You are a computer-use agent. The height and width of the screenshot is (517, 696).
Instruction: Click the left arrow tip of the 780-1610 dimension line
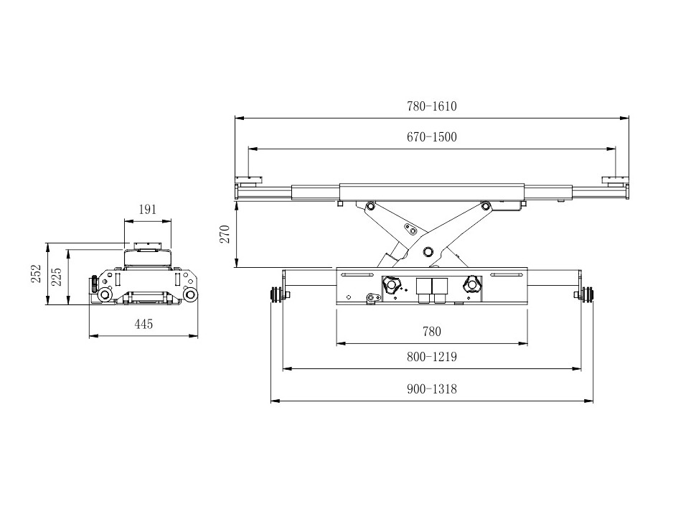click(x=235, y=118)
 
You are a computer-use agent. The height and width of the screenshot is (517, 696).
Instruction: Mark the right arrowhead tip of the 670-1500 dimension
click(x=616, y=149)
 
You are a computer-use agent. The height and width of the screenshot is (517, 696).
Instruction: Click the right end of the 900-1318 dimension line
click(x=593, y=401)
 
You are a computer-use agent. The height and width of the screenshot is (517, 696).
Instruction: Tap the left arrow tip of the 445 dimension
click(x=89, y=336)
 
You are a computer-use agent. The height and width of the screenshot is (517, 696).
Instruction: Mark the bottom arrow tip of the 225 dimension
click(x=68, y=304)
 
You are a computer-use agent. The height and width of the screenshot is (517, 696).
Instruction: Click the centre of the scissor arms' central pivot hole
click(x=428, y=251)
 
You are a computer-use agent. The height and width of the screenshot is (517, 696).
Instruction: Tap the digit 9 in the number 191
click(x=148, y=210)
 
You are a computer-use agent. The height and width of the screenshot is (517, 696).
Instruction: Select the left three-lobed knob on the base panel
click(x=392, y=285)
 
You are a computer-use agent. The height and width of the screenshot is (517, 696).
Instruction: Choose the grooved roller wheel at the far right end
click(x=589, y=295)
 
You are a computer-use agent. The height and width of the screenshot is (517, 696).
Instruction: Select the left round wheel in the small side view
click(x=105, y=294)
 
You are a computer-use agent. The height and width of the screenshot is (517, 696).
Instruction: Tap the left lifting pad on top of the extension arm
click(x=249, y=180)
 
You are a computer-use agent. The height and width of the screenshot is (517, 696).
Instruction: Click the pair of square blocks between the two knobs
click(x=431, y=291)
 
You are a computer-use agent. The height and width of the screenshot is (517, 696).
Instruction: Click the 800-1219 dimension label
click(x=431, y=357)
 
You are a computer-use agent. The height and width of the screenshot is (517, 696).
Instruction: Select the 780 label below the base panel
click(x=431, y=332)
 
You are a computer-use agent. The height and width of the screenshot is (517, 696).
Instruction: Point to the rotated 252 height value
click(x=36, y=274)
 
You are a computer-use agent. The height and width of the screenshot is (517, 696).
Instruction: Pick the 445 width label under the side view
click(x=144, y=325)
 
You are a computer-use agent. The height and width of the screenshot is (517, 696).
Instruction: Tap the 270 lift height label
click(x=225, y=234)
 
